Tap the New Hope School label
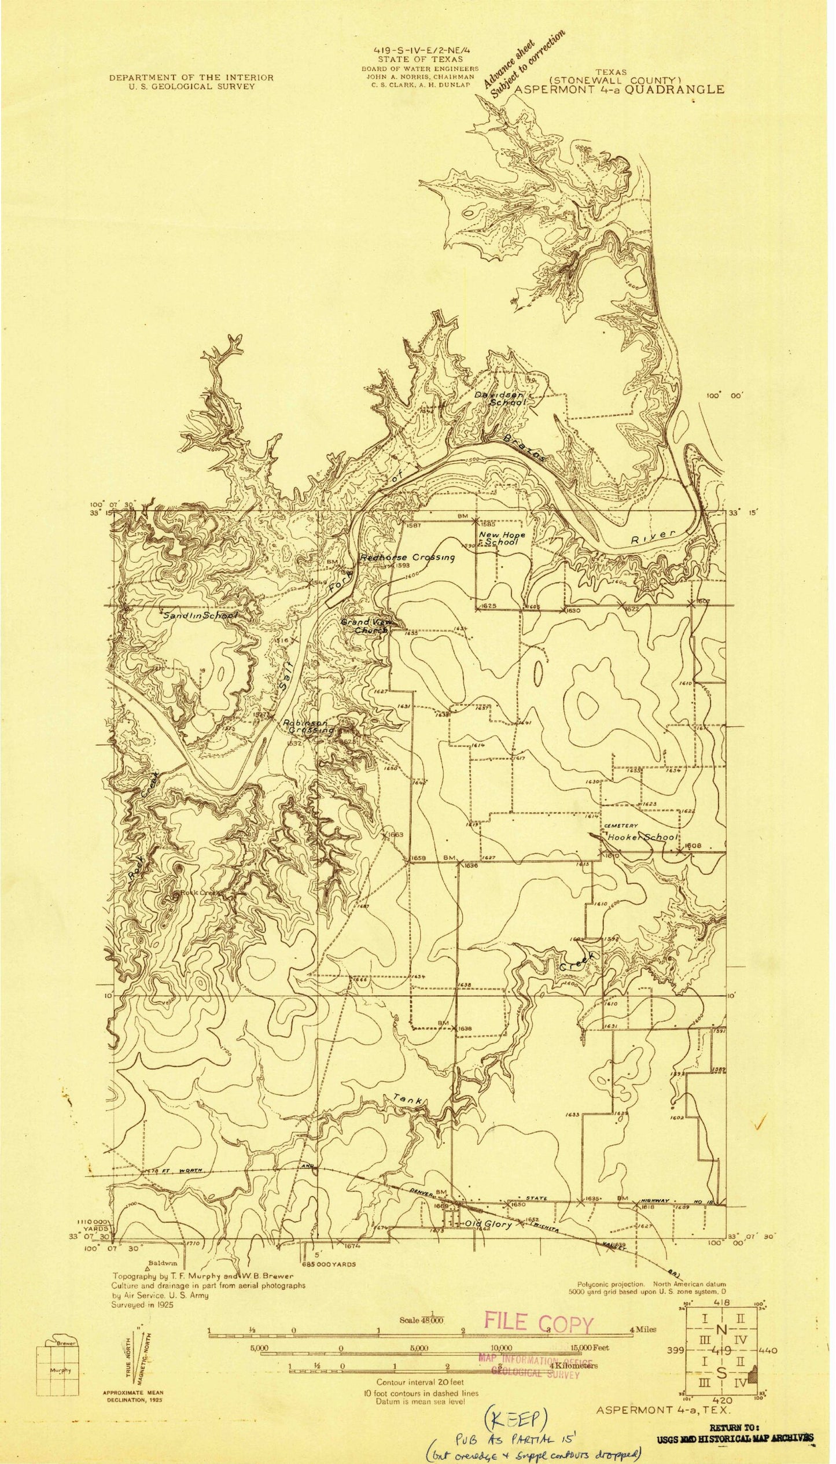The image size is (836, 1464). click(x=502, y=539)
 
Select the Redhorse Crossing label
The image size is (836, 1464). click(x=407, y=558)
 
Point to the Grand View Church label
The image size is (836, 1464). click(x=366, y=626)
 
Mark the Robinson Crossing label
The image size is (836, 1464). click(x=308, y=727)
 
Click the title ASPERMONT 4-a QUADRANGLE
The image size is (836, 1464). click(x=618, y=90)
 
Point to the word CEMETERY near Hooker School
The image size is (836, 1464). click(x=621, y=825)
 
